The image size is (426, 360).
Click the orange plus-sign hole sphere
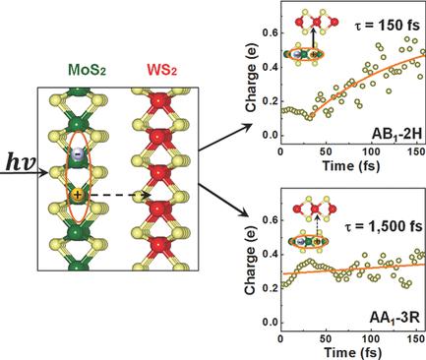(78, 197)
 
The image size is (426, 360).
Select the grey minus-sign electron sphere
(78, 156)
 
